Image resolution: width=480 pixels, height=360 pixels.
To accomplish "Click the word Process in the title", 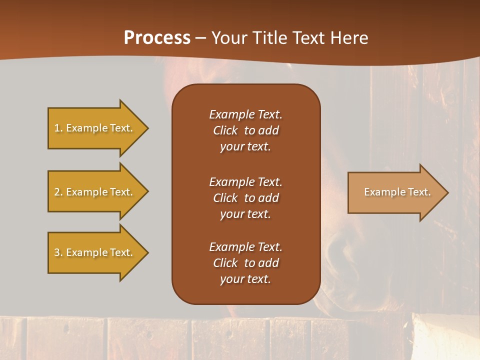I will click(x=157, y=38).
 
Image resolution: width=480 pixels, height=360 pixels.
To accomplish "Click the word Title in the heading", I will click(x=269, y=38).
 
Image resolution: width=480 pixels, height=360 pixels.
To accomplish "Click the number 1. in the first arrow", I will click(x=58, y=128).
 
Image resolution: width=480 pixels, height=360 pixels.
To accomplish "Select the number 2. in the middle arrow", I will click(x=58, y=192).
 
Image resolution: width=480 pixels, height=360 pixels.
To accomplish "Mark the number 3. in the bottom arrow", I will click(x=58, y=252).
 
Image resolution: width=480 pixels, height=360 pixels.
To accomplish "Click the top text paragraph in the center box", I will click(x=245, y=130).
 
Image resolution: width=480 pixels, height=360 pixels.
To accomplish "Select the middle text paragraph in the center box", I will click(x=245, y=198).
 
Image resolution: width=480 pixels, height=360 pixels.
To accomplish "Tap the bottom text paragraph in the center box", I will click(x=245, y=263).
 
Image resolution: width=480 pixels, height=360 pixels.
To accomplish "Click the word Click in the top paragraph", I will click(x=225, y=130).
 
